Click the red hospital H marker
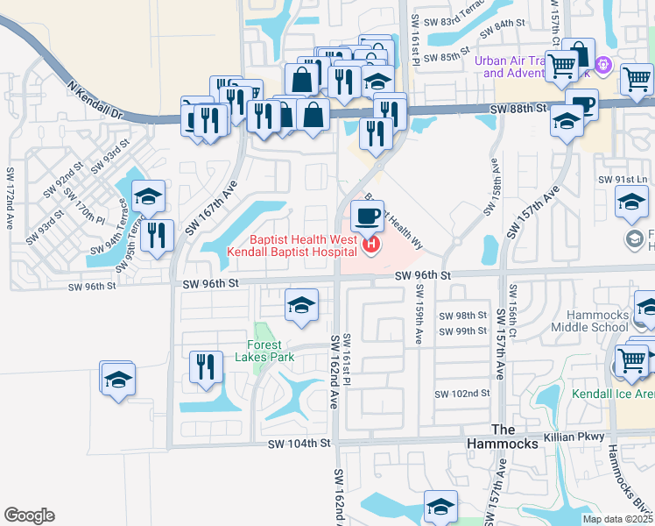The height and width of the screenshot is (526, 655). pos(370,245)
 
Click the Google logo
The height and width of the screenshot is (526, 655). pos(29,515)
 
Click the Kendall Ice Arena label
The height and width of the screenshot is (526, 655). pos(613,394)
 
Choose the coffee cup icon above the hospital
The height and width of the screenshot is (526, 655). pos(368,215)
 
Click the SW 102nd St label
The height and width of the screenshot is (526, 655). pos(463,394)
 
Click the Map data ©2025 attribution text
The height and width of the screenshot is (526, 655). pos(618,519)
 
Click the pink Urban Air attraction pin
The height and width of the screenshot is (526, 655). pos(602,64)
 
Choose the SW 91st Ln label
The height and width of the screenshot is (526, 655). pos(623,180)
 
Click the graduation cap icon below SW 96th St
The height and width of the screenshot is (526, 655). pos(301,306)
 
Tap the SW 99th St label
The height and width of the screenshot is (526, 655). pos(463,331)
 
